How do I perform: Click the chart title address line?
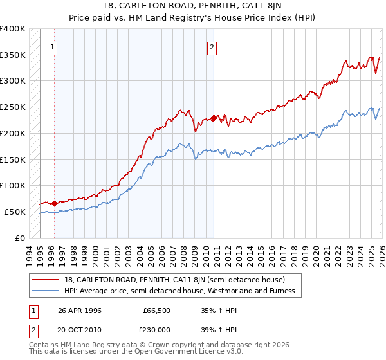tap(193, 6)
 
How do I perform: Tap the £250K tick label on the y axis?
tap(14, 107)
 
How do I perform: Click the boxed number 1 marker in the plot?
tap(52, 46)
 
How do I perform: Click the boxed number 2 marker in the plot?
tap(212, 46)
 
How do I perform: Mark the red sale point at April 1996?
tap(54, 203)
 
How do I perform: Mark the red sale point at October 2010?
tap(214, 118)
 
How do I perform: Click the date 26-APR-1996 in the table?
tap(79, 309)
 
